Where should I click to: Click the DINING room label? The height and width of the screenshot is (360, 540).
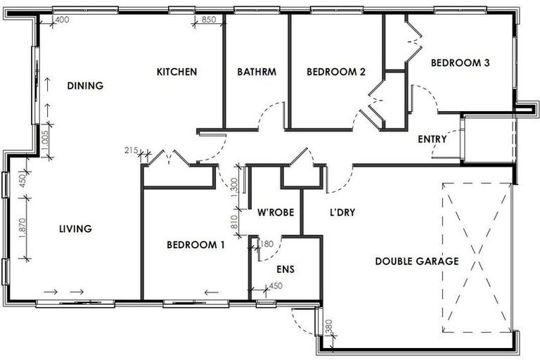(x=85, y=86)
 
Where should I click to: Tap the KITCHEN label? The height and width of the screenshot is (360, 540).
(x=176, y=72)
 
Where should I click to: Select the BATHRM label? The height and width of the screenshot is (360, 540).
(x=256, y=72)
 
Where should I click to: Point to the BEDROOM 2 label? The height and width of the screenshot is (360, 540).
(x=336, y=72)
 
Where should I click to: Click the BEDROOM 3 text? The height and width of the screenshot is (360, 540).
(x=460, y=63)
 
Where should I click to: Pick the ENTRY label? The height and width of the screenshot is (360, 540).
(x=432, y=139)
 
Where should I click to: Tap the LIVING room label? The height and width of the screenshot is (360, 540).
(x=76, y=229)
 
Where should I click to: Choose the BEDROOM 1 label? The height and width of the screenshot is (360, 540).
(x=195, y=245)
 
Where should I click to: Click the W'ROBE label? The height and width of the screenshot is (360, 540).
(x=275, y=212)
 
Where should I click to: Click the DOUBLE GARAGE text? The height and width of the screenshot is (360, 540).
(x=416, y=261)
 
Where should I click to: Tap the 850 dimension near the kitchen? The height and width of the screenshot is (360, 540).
(x=209, y=20)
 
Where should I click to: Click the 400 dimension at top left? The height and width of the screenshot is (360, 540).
(x=62, y=20)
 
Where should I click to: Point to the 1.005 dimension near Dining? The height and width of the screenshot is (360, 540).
(x=44, y=141)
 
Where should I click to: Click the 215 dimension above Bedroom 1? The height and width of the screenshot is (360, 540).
(x=131, y=150)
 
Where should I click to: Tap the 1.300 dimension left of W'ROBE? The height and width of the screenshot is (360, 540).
(x=235, y=188)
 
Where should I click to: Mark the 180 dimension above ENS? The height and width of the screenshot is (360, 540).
(x=266, y=244)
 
